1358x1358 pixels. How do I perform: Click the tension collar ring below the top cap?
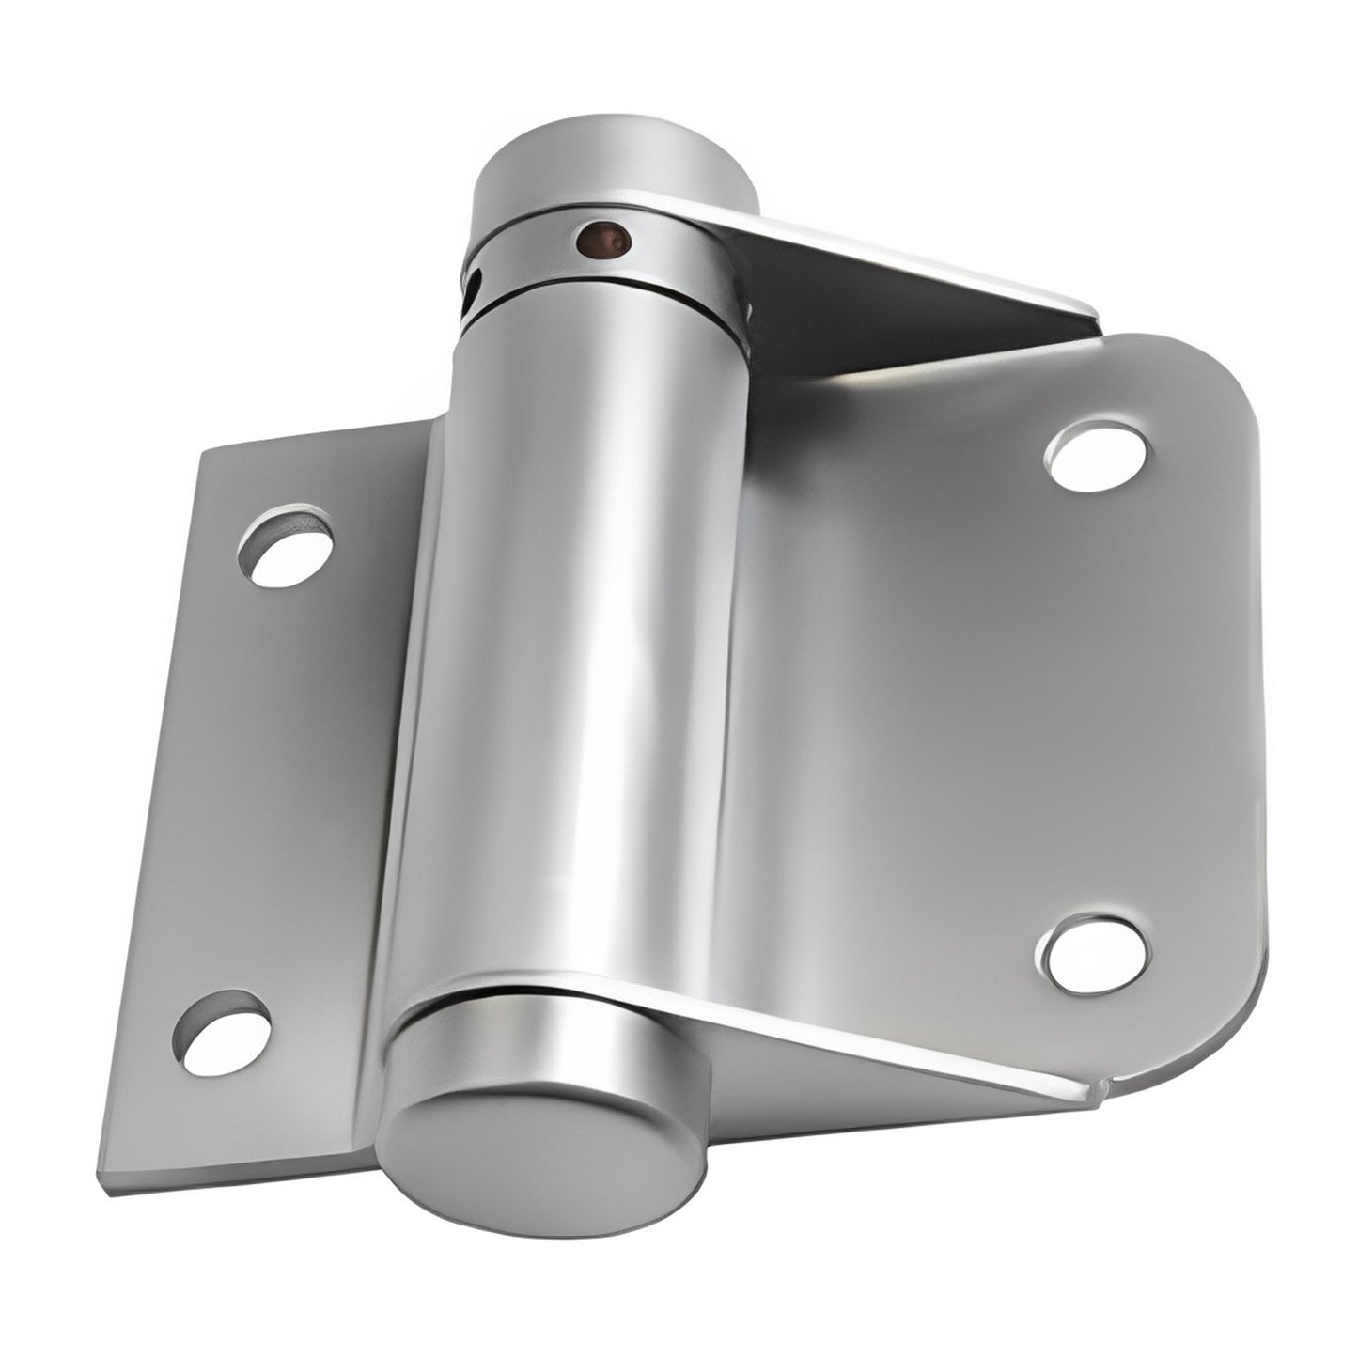601,263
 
